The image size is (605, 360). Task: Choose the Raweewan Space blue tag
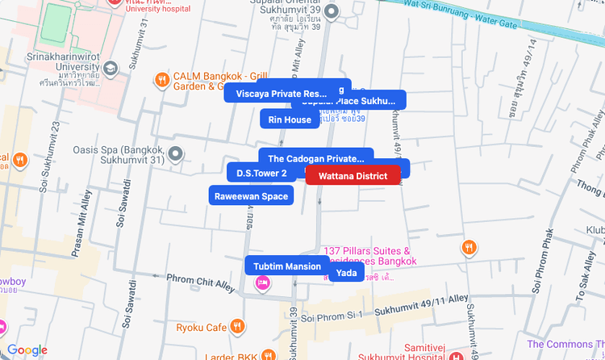[x=251, y=195]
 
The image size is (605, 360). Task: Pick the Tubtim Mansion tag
[x=287, y=266]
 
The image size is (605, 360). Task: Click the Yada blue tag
[x=347, y=273]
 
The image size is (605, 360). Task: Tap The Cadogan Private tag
[x=316, y=158]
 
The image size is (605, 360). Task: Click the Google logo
[x=27, y=350]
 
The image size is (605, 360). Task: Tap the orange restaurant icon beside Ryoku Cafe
[x=237, y=327]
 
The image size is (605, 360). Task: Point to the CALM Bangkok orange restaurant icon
[x=162, y=80]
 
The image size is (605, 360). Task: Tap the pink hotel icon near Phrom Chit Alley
[x=263, y=283]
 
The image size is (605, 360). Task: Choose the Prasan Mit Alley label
[x=82, y=223]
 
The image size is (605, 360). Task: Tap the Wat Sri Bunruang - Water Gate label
[x=459, y=14]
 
